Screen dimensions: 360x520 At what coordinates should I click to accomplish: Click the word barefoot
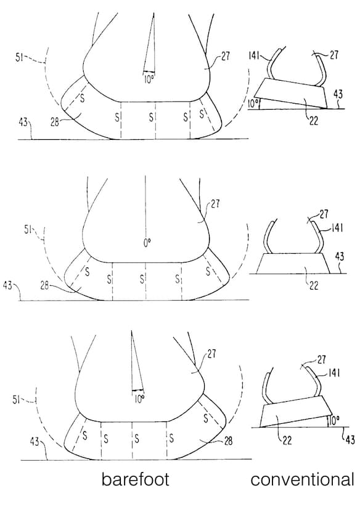pyautogui.click(x=136, y=479)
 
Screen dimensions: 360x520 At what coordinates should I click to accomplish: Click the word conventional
pyautogui.click(x=302, y=479)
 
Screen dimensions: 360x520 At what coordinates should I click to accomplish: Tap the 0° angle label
pyautogui.click(x=147, y=243)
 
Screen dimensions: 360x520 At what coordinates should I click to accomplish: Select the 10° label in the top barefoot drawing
pyautogui.click(x=149, y=79)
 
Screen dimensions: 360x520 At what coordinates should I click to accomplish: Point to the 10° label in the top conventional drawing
pyautogui.click(x=253, y=104)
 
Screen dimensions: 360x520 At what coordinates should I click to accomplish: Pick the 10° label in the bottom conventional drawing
pyautogui.click(x=334, y=421)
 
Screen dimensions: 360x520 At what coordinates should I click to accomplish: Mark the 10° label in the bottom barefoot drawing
pyautogui.click(x=139, y=399)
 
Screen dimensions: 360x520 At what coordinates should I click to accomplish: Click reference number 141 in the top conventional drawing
pyautogui.click(x=254, y=55)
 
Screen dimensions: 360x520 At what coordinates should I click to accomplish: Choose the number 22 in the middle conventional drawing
pyautogui.click(x=314, y=285)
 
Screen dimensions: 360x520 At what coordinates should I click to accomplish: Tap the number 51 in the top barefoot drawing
pyautogui.click(x=20, y=58)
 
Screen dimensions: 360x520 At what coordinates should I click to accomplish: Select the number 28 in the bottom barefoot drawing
pyautogui.click(x=228, y=441)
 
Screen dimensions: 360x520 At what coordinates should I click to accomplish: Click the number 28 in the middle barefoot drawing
pyautogui.click(x=45, y=285)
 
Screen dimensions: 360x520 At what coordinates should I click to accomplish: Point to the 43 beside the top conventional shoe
pyautogui.click(x=338, y=94)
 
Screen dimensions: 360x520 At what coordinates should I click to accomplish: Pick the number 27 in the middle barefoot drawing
pyautogui.click(x=215, y=203)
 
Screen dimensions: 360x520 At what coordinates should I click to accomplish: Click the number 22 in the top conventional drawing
pyautogui.click(x=314, y=120)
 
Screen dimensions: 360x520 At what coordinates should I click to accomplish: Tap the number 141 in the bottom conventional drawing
pyautogui.click(x=335, y=373)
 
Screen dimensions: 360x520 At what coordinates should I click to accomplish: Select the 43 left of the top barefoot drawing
pyautogui.click(x=23, y=123)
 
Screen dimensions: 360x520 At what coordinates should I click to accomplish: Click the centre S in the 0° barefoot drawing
pyautogui.click(x=142, y=279)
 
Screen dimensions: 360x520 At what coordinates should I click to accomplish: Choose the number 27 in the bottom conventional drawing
pyautogui.click(x=322, y=359)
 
